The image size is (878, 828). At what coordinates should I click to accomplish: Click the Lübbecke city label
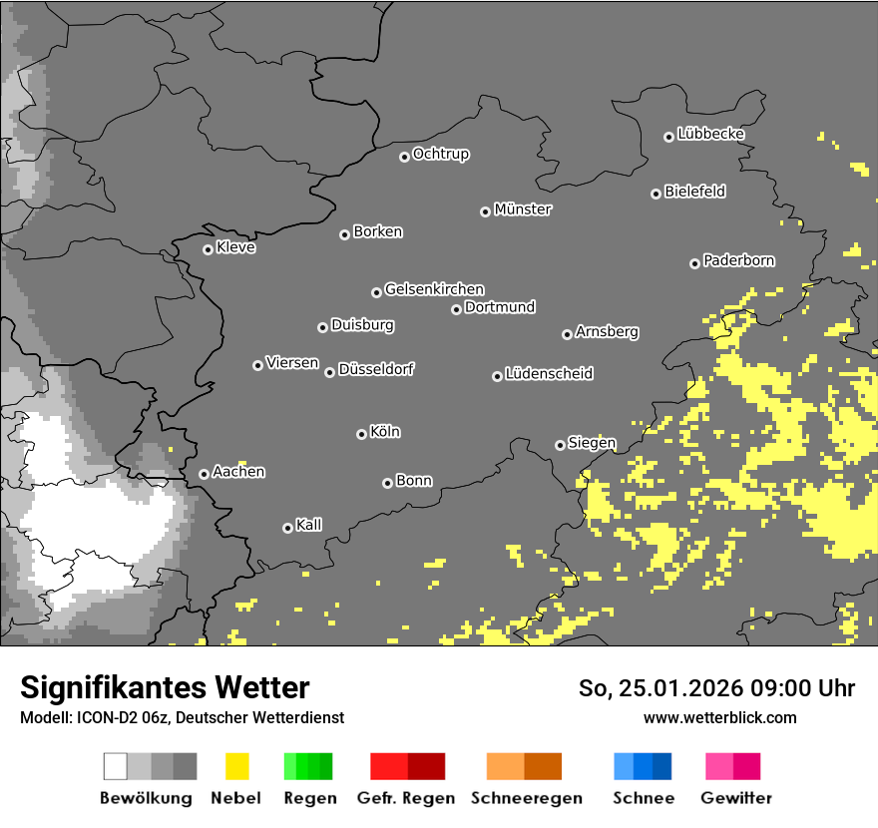[710, 134]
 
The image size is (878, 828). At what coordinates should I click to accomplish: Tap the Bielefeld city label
[694, 192]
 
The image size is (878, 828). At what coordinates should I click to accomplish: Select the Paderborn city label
[738, 261]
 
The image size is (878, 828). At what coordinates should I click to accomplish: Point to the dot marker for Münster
[485, 211]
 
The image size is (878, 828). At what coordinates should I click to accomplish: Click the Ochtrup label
[440, 155]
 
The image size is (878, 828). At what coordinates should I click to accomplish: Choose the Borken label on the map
[377, 232]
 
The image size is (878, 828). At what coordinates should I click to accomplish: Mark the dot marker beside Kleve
[208, 249]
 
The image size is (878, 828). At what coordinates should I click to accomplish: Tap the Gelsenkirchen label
[434, 289]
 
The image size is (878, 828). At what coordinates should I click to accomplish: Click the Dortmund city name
[500, 307]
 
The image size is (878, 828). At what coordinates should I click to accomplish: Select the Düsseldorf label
[375, 369]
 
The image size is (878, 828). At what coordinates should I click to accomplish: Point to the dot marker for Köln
[361, 434]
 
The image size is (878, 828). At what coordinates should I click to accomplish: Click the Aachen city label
[238, 472]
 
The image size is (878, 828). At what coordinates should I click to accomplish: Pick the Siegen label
[592, 443]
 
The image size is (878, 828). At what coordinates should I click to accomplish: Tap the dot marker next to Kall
[287, 528]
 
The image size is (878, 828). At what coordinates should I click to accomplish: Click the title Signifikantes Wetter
[165, 687]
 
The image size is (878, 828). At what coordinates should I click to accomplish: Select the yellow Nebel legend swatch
[236, 766]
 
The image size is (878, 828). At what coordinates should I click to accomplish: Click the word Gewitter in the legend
[735, 798]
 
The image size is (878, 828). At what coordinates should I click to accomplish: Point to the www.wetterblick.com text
[719, 717]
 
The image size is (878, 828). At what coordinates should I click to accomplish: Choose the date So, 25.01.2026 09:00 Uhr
[716, 688]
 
